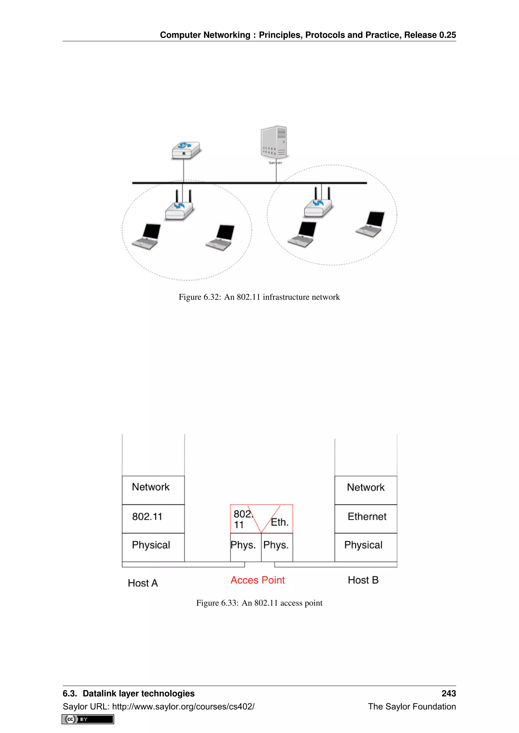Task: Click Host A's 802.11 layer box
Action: coord(153,518)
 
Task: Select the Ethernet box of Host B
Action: coord(366,518)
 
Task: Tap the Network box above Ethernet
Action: coord(366,490)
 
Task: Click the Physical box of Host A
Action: coord(153,547)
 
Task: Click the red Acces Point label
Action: coord(257,580)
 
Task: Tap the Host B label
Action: coord(363,580)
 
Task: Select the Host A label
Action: coord(143,583)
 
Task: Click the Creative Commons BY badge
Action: coord(88,719)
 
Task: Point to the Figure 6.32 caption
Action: coord(259,297)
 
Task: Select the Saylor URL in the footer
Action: coord(183,706)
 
